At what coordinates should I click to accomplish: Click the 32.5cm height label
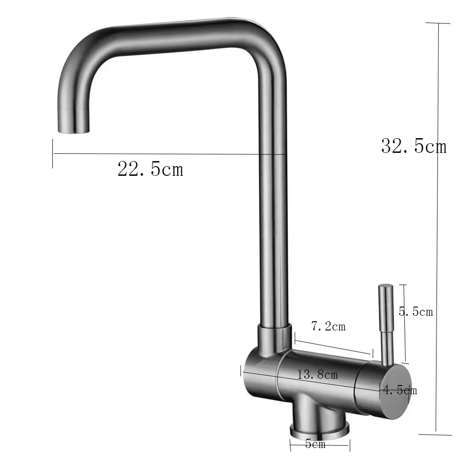point(413,146)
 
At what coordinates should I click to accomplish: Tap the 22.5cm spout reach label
point(150,169)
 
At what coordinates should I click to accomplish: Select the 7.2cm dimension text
point(328,327)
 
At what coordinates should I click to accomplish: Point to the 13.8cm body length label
point(318,375)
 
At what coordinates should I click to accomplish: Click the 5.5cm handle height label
point(416,312)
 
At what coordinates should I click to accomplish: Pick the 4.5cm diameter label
point(400,391)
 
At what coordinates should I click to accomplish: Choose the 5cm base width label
point(315,444)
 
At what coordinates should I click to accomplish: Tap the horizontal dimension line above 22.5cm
point(170,154)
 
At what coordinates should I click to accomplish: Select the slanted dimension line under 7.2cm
point(333,347)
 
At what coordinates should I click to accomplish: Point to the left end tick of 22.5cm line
point(53,153)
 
